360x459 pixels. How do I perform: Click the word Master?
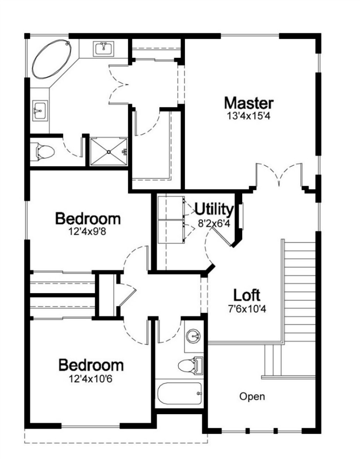[x=249, y=103]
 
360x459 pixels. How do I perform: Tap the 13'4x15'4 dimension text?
[x=249, y=116]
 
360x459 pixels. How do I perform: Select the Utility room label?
[x=214, y=210]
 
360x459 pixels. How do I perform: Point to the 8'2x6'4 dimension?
[x=214, y=224]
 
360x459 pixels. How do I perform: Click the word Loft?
[x=247, y=295]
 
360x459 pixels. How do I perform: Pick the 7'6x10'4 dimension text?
[x=247, y=309]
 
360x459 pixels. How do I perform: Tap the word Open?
[x=252, y=397]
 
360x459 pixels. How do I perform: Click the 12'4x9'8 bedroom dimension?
[x=87, y=232]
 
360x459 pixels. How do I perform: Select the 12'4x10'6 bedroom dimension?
[x=90, y=379]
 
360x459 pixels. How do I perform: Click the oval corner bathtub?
[x=52, y=60]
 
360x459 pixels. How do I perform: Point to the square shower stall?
[x=109, y=152]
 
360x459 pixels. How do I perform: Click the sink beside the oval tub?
[x=103, y=48]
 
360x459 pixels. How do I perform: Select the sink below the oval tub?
[x=39, y=110]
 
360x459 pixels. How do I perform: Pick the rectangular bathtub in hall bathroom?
[x=180, y=393]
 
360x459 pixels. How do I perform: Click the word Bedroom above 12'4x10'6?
[x=91, y=365]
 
